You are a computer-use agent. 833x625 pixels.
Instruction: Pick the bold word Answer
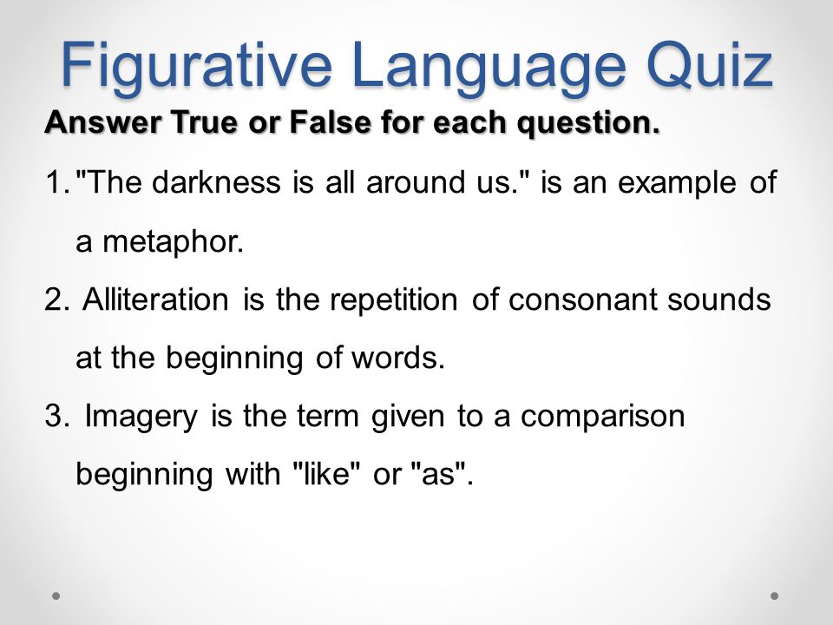(x=86, y=121)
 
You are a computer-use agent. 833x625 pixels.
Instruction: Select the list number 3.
(x=54, y=416)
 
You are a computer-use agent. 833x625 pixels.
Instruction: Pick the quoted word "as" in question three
(x=440, y=474)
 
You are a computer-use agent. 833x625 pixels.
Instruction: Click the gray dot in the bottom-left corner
(x=56, y=596)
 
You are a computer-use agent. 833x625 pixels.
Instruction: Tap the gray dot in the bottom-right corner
(x=774, y=596)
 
